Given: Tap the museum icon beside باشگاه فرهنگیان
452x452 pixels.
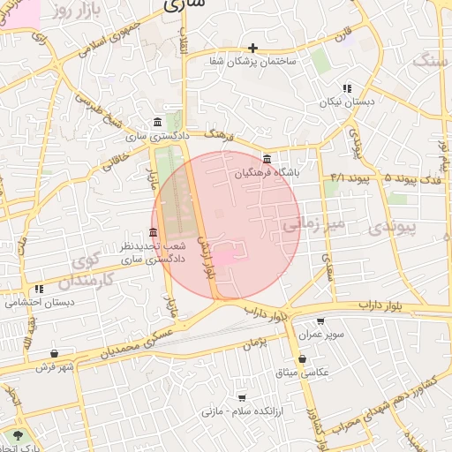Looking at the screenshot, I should pyautogui.click(x=267, y=159).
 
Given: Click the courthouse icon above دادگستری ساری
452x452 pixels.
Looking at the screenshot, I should pyautogui.click(x=157, y=122).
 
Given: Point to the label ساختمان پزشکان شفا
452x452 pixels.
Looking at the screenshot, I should pyautogui.click(x=253, y=62).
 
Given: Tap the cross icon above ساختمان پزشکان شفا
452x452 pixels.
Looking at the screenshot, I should pyautogui.click(x=253, y=48).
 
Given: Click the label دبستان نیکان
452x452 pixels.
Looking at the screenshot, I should pyautogui.click(x=347, y=102).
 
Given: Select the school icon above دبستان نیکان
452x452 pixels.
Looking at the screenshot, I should pyautogui.click(x=347, y=88).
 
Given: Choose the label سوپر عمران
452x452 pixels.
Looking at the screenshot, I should pyautogui.click(x=320, y=336).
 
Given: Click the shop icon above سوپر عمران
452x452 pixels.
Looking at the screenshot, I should pyautogui.click(x=320, y=322).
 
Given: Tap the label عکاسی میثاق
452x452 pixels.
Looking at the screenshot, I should pyautogui.click(x=302, y=373).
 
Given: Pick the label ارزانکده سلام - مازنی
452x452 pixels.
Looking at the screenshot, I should pyautogui.click(x=239, y=412).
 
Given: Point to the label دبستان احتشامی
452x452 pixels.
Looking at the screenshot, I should pyautogui.click(x=35, y=302).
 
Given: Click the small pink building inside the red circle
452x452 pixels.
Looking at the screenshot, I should pyautogui.click(x=227, y=256).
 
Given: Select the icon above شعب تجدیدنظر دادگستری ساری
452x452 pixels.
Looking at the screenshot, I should pyautogui.click(x=154, y=232).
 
